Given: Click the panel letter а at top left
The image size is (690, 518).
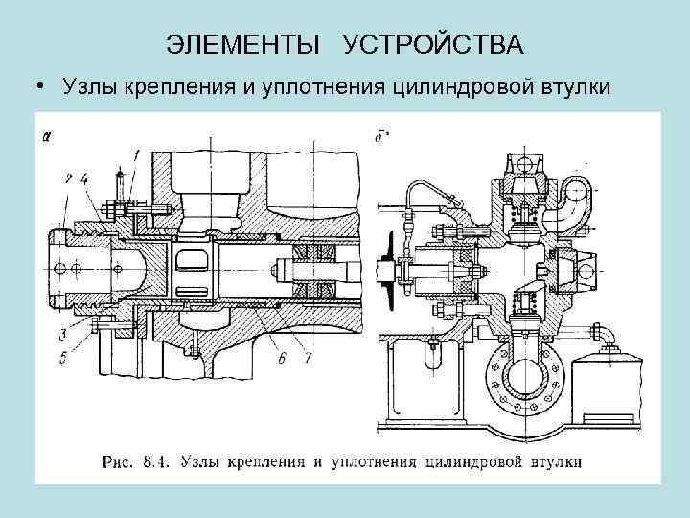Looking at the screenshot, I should pyautogui.click(x=48, y=137).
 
